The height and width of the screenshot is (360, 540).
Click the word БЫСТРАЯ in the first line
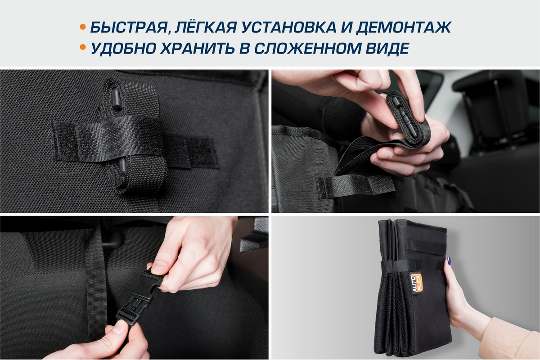coord(129,27)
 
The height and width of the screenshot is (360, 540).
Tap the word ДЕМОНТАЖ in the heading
coord(404,27)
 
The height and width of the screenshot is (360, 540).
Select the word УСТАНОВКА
coord(288,27)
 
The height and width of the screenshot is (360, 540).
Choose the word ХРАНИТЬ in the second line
coord(197,48)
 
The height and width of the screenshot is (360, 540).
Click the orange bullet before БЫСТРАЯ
coord(83,27)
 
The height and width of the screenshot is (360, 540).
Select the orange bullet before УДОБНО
coord(83,47)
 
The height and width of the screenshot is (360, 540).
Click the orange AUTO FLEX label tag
coord(416,283)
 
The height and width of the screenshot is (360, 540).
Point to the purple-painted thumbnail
coord(449,261)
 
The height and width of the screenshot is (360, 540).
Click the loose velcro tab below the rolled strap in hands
coord(355,186)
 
